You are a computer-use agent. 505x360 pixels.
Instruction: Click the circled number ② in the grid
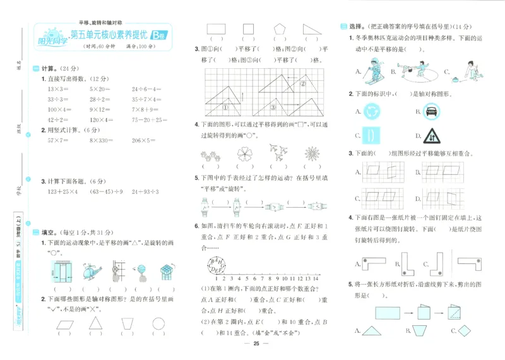pos(302,83)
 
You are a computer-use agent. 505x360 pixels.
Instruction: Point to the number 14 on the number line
pos(316,277)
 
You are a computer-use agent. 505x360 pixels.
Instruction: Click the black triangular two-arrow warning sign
pos(434,135)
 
